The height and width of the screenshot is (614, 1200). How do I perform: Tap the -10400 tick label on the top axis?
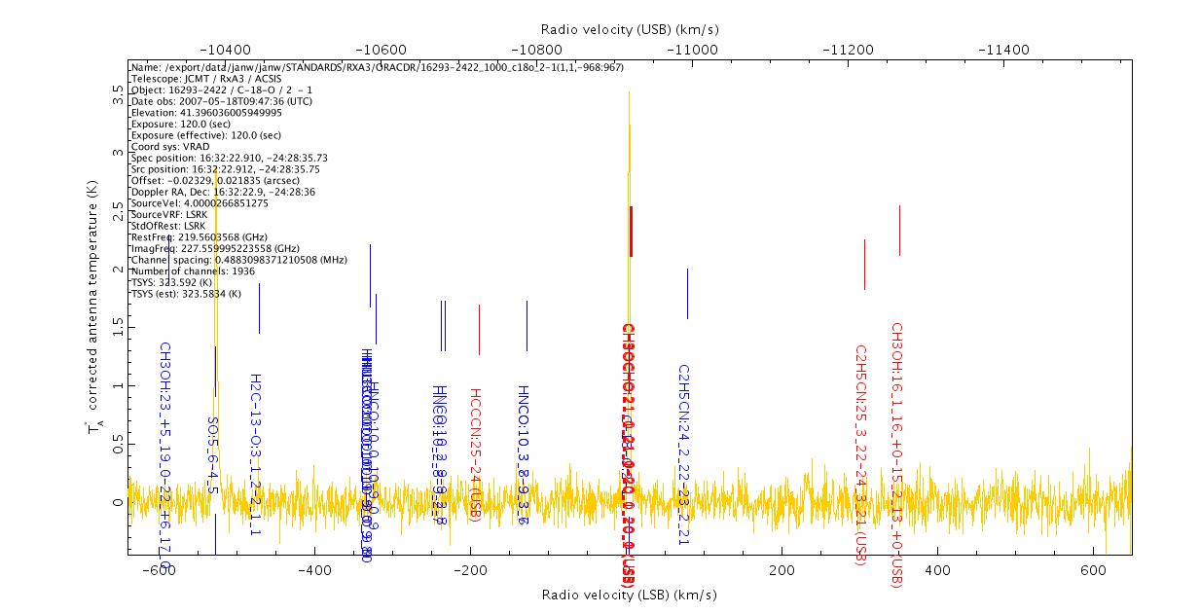(224, 50)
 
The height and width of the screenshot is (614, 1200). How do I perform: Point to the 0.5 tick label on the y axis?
(118, 445)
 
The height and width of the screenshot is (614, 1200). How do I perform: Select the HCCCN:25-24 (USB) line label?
(476, 454)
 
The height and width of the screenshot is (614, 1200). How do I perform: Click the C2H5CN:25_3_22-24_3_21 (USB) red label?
(860, 452)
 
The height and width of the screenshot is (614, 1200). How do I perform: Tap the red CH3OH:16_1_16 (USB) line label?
(897, 454)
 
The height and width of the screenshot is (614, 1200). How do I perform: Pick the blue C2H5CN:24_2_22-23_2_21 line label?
(684, 454)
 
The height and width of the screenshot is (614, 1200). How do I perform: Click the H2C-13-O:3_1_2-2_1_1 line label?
(255, 454)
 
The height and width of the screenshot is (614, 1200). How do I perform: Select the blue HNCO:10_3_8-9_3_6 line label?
(524, 454)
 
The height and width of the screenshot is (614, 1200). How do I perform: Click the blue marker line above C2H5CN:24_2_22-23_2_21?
(687, 293)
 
